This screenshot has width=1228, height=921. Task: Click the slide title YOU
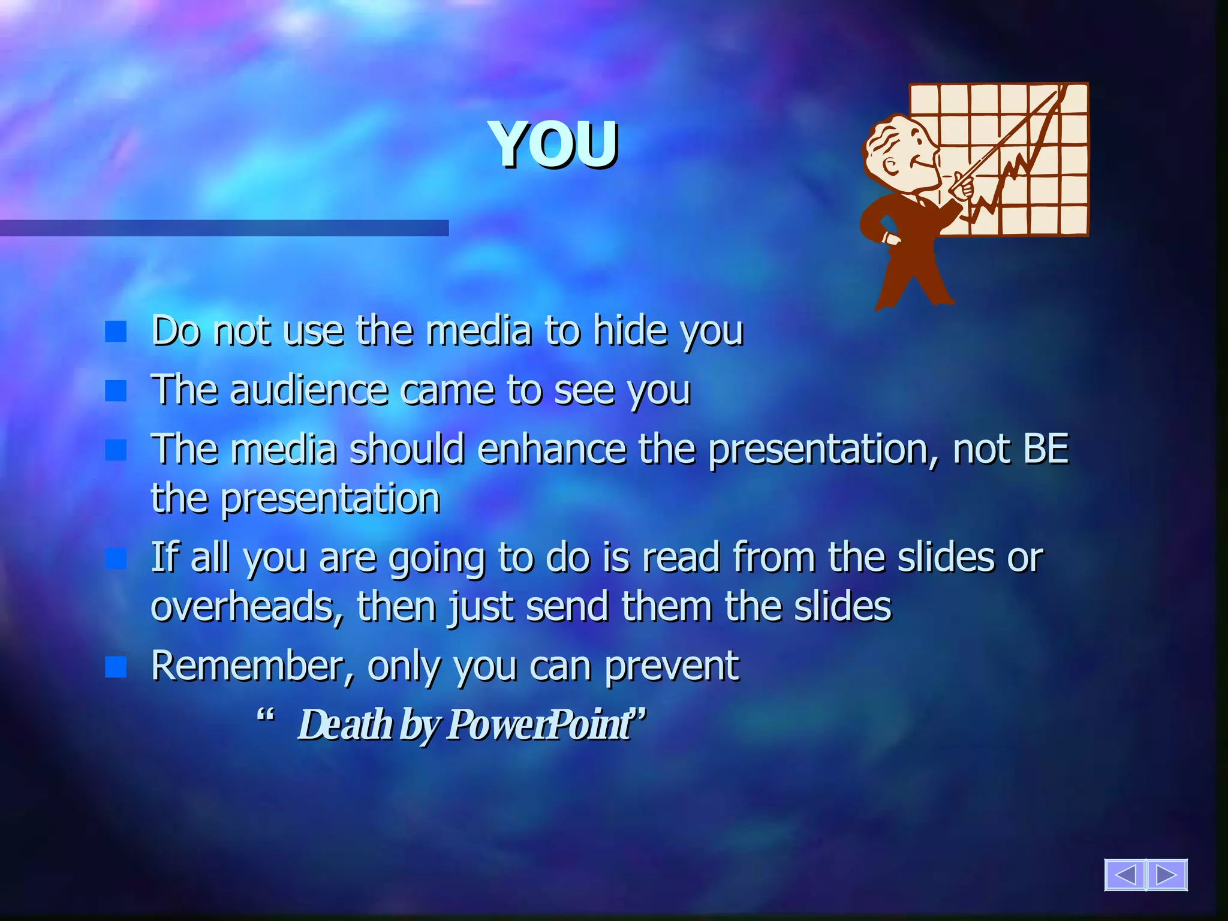tap(555, 145)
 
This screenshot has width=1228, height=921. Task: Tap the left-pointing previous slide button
tap(1124, 875)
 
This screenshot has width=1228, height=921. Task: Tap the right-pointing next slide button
tap(1167, 875)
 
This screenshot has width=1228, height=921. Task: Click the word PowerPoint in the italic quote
tap(538, 724)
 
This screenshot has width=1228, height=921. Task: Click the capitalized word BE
tap(1046, 449)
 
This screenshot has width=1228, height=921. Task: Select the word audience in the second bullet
tap(309, 390)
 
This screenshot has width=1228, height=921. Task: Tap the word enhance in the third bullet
tap(552, 449)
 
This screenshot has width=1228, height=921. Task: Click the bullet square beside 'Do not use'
tap(116, 331)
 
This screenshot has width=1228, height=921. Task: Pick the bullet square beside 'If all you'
tap(116, 559)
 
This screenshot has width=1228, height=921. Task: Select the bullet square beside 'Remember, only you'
tap(116, 667)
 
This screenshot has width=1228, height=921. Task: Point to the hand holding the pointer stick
tap(962, 186)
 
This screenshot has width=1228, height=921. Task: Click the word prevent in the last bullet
tap(672, 666)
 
